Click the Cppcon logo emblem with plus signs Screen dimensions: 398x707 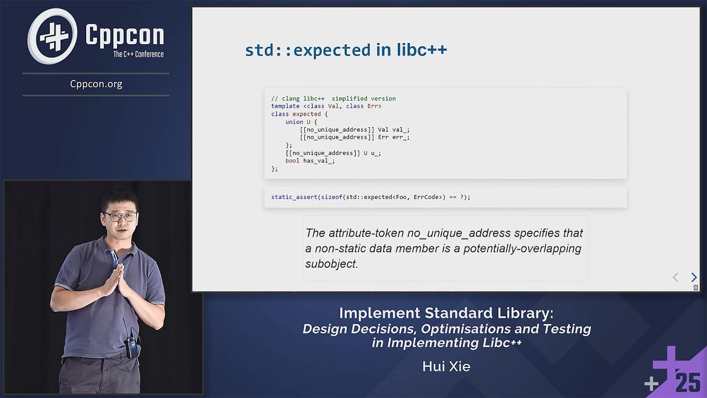pyautogui.click(x=52, y=36)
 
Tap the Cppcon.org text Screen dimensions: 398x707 pyautogui.click(x=96, y=84)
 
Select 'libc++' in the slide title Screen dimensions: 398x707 pyautogui.click(x=421, y=50)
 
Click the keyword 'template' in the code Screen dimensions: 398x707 pyautogui.click(x=285, y=106)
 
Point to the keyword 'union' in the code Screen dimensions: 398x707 pyautogui.click(x=294, y=122)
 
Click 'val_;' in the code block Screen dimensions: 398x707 pyautogui.click(x=400, y=129)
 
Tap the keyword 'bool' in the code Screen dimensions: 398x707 pyautogui.click(x=292, y=161)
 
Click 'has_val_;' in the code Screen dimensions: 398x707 pyautogui.click(x=319, y=161)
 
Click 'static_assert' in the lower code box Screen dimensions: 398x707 pyautogui.click(x=294, y=197)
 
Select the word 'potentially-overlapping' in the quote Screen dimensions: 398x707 pyautogui.click(x=522, y=248)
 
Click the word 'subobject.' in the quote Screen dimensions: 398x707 pyautogui.click(x=331, y=264)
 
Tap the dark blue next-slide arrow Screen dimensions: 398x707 pyautogui.click(x=694, y=277)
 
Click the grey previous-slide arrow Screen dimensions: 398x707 pyautogui.click(x=675, y=277)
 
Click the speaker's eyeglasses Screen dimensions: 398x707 pyautogui.click(x=120, y=216)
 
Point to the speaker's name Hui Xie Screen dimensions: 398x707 pyautogui.click(x=446, y=366)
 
